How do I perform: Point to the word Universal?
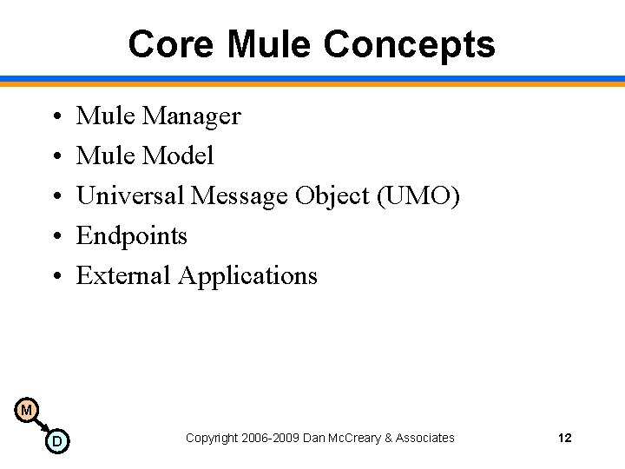pos(130,196)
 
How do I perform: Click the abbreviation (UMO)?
pos(418,196)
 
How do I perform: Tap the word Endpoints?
pos(132,236)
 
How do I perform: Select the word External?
pos(124,276)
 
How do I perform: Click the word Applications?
pos(248,276)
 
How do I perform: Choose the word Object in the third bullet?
pos(332,196)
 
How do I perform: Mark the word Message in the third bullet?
pos(240,196)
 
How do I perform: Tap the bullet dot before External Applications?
pos(54,277)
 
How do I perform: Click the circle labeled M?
pos(26,410)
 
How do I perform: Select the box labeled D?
pos(57,441)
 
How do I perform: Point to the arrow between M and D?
pos(42,426)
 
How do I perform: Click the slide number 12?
pos(564,438)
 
